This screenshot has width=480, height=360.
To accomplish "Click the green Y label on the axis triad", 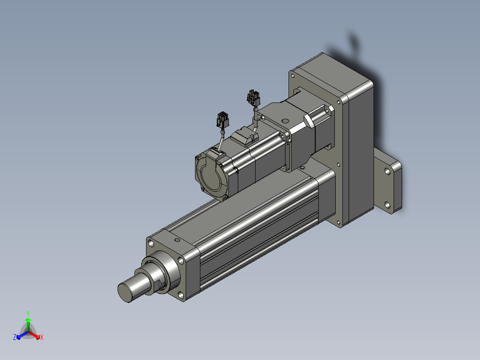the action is [x=28, y=313].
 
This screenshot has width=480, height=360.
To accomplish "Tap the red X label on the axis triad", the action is [x=42, y=337].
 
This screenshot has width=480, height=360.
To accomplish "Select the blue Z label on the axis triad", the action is [x=15, y=337].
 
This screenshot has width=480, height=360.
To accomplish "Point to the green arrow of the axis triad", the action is [x=28, y=324].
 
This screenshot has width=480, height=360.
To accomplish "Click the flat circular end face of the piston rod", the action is [x=125, y=292].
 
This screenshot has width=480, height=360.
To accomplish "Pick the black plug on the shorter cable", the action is [x=223, y=119].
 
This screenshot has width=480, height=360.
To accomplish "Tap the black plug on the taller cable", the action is [x=253, y=98].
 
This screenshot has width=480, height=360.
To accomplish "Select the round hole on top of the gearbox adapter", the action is [x=285, y=121].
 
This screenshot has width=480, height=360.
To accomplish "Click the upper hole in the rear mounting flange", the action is [x=387, y=171].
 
